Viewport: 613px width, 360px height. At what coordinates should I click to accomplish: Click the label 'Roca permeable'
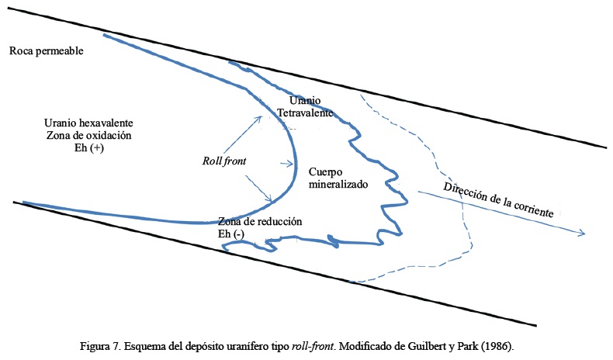coord(46,51)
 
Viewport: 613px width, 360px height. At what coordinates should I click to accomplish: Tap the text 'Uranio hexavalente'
coord(88,123)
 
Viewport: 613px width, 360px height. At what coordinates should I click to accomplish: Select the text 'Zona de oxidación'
coord(88,135)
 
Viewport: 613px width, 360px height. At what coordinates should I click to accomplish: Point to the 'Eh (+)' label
coord(88,147)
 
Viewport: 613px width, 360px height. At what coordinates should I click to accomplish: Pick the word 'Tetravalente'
coord(306,113)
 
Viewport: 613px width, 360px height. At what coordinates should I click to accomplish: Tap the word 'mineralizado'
coord(338,185)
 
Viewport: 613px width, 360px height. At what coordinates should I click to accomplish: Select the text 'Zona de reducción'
coord(259,221)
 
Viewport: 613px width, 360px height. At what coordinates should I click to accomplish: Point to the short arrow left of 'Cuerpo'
coord(289,164)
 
